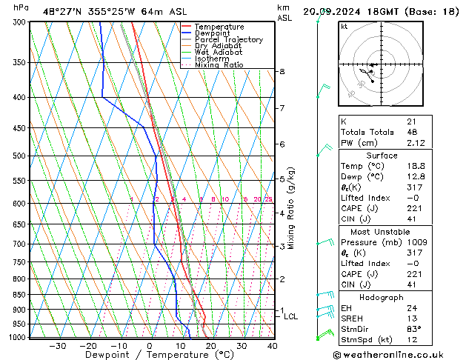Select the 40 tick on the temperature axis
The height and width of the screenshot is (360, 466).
tap(273, 345)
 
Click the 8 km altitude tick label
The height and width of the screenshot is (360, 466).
tap(282, 72)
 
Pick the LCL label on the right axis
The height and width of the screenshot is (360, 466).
tap(291, 317)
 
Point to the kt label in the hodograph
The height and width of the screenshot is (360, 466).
tap(344, 27)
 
